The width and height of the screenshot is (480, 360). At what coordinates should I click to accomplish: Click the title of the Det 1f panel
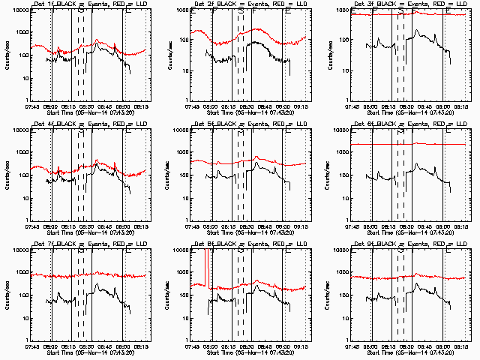88,5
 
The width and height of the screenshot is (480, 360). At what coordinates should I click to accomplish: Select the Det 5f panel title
250,125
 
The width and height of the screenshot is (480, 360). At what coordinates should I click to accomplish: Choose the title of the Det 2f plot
250,5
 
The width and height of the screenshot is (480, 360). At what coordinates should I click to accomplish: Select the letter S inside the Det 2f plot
241,13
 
